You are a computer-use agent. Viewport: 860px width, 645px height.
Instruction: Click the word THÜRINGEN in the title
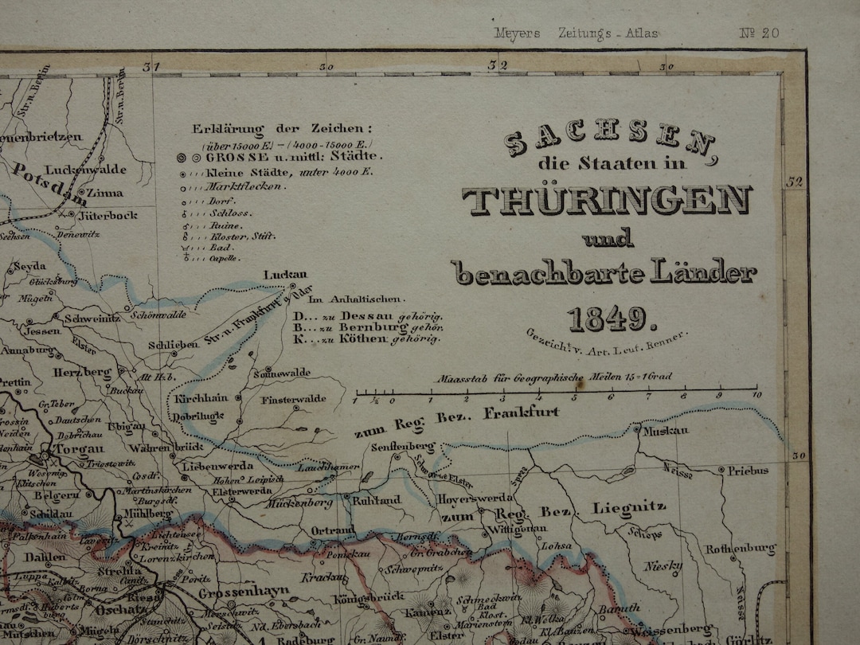[x=607, y=200]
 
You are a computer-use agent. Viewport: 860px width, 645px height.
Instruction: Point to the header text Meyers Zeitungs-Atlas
[x=576, y=33]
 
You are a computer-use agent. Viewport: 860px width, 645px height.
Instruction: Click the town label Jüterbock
[x=107, y=215]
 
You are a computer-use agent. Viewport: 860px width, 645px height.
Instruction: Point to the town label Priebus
[x=748, y=471]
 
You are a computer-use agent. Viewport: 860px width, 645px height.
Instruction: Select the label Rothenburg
[x=740, y=549]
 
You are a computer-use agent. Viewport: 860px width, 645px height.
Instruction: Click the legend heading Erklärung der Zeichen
[x=282, y=128]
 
